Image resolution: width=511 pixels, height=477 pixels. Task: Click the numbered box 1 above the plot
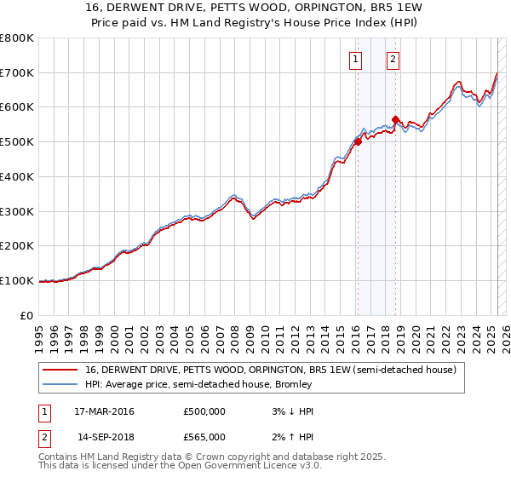[x=354, y=59]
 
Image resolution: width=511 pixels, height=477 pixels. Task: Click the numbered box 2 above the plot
[x=393, y=59]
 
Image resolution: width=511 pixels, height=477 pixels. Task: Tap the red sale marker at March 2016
[x=358, y=142]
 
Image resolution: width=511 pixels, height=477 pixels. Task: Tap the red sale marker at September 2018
[x=396, y=119]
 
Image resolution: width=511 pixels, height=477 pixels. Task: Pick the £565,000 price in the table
[x=204, y=437]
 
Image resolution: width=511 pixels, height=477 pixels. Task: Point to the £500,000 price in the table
[x=204, y=411]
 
